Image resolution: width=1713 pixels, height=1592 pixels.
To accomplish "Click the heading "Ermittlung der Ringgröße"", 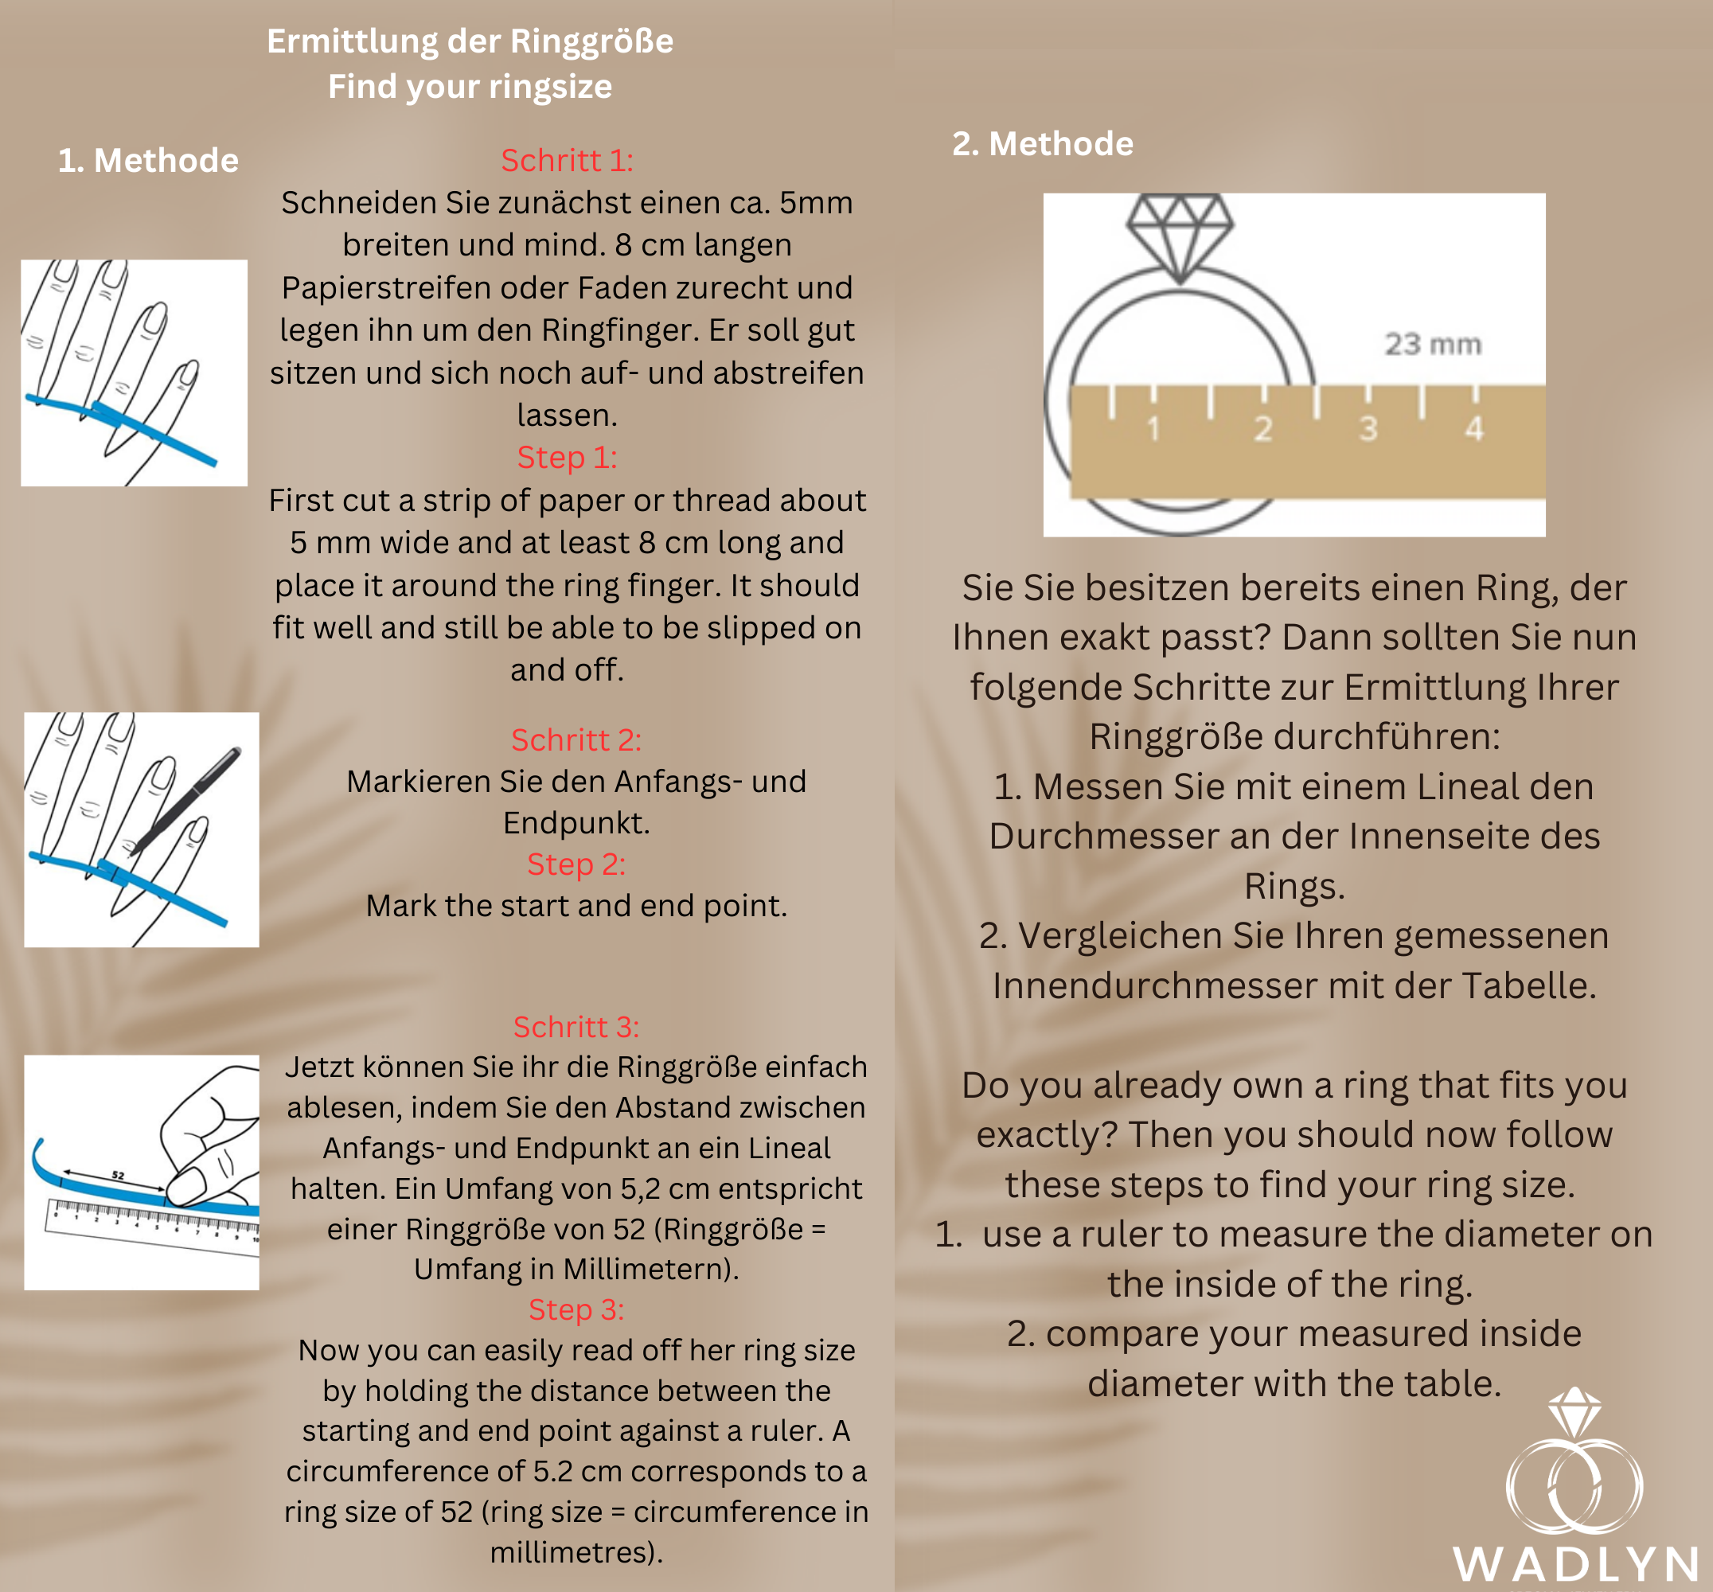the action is pos(470,41).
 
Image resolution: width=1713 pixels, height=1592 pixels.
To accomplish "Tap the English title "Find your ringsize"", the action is pos(470,87).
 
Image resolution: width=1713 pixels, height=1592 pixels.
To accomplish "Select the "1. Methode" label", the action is pos(148,160).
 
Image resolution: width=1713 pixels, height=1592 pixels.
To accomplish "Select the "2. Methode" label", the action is pos(1043,143).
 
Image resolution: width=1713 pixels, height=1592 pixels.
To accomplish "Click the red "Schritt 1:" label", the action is pos(567,160).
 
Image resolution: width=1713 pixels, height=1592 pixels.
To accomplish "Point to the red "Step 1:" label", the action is pos(567,458).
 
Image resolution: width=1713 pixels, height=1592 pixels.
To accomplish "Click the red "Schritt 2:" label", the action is pos(576,740).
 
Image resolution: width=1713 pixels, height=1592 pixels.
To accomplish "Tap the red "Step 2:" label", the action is pos(576,864).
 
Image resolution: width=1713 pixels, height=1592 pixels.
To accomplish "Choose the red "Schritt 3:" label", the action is pos(576,1027).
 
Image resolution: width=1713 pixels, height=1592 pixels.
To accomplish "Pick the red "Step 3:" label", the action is pos(576,1309).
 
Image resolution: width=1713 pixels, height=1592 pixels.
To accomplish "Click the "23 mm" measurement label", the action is pos(1433,345).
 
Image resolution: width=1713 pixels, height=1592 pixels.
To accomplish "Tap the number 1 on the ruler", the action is pos(1153,429).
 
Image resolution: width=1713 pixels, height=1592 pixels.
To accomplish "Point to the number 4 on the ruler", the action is pos(1474,429).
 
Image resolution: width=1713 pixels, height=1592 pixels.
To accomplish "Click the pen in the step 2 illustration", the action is pos(185,800).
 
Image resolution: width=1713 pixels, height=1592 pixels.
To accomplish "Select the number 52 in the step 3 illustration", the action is pos(118,1175).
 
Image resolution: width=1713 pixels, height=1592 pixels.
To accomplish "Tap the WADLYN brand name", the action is pos(1576,1564).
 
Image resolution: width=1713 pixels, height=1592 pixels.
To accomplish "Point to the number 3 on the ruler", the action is pos(1368,429).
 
